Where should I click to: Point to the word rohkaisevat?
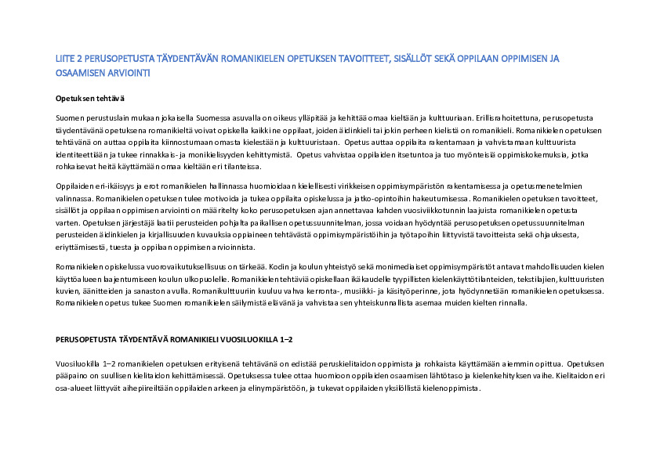pos(75,167)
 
